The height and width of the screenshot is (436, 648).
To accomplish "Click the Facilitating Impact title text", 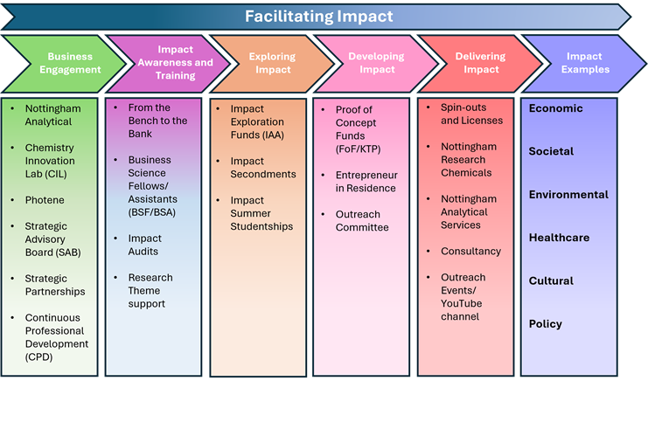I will click(318, 17).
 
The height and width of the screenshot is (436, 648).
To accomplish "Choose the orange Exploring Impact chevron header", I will click(271, 63).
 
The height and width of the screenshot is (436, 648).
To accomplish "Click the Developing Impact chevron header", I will click(376, 63).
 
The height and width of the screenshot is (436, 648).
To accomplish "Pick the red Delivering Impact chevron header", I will click(480, 63).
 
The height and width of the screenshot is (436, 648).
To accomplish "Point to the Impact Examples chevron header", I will click(585, 63).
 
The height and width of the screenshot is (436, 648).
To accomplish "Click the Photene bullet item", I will click(45, 200).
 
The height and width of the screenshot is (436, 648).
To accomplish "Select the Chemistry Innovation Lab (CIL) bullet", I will click(50, 161).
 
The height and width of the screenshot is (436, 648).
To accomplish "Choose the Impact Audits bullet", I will click(144, 245).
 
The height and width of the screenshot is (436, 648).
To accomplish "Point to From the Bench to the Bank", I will click(157, 121).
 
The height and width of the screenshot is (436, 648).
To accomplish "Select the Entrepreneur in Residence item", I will click(366, 182).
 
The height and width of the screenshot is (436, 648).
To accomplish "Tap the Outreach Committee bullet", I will click(361, 221).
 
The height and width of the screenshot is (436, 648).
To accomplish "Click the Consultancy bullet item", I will click(470, 252).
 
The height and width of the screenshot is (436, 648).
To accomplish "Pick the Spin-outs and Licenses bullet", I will click(471, 114).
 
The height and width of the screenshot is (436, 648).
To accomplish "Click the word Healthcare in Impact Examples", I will click(559, 238).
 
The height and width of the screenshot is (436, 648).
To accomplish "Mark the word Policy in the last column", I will click(546, 324).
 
